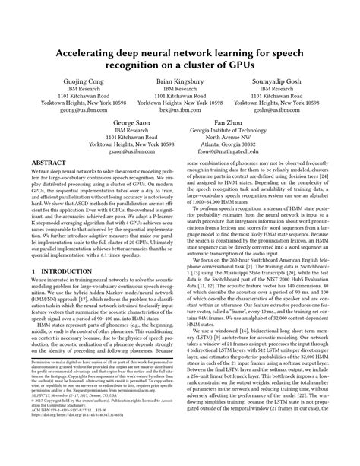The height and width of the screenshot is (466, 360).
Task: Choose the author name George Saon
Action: (x=127, y=122)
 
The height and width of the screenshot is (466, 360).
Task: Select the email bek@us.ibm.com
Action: (x=180, y=109)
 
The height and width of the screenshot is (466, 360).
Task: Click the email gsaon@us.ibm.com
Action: (x=127, y=151)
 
